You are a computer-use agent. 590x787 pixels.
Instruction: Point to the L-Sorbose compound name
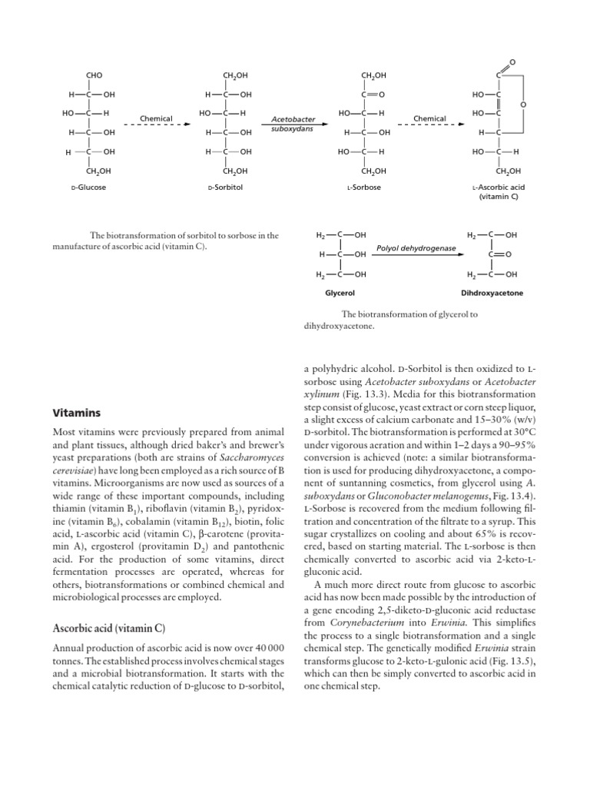[x=366, y=187]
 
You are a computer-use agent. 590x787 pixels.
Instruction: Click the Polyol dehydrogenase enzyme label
[x=416, y=248]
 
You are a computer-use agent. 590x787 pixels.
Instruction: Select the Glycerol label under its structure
[x=340, y=294]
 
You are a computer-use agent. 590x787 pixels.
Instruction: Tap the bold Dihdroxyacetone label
[x=492, y=294]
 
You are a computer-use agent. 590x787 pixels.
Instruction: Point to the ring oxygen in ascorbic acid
[x=522, y=104]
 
